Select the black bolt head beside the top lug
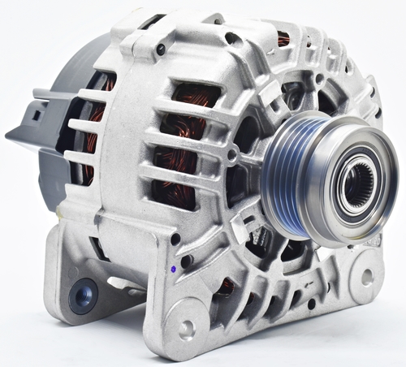[x=161, y=50]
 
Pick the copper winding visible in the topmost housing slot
[x=283, y=37]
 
